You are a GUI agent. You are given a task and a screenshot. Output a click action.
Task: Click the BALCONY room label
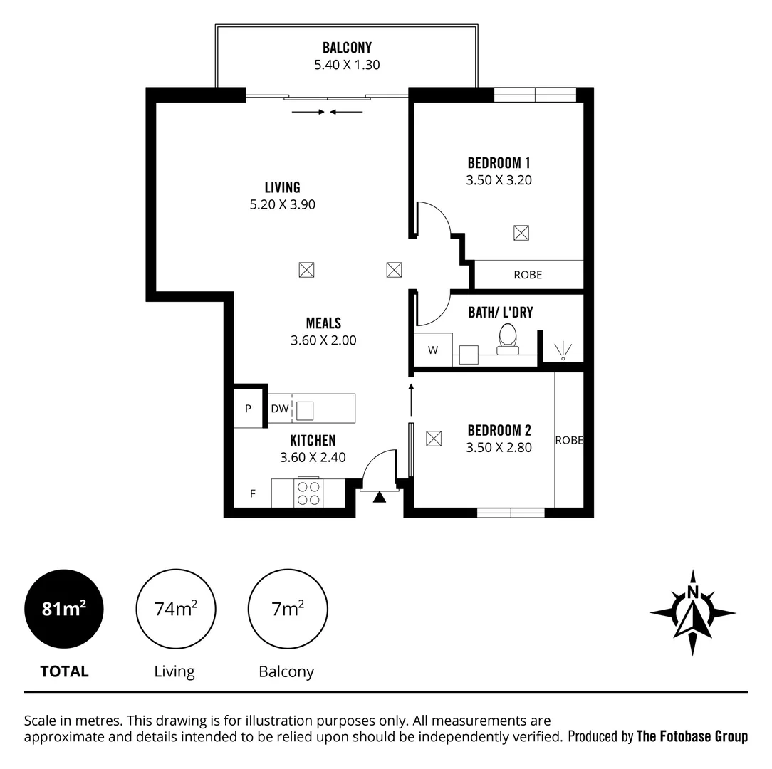click(347, 48)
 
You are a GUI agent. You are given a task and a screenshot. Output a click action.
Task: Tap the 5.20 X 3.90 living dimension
click(283, 204)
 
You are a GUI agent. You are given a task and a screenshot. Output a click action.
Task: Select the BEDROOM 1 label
click(499, 163)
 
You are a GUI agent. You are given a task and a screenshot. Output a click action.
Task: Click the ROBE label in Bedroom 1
click(528, 274)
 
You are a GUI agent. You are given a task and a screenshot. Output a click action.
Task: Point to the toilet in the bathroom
click(508, 338)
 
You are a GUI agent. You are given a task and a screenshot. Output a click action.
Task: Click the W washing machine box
click(433, 350)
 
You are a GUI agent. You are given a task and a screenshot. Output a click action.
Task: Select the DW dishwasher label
click(279, 409)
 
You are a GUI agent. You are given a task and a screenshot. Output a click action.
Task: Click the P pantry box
click(248, 409)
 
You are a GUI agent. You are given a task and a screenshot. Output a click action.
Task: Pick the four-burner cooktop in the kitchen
click(308, 493)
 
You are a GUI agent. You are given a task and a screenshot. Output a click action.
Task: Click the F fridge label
click(252, 493)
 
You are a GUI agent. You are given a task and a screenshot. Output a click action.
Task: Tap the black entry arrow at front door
click(379, 497)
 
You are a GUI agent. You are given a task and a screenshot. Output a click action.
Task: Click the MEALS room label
click(323, 323)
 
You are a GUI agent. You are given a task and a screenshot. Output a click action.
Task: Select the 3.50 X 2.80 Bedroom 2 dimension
click(499, 448)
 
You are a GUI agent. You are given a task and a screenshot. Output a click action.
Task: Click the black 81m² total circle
click(64, 610)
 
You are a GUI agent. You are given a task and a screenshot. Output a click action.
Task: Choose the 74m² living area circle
click(175, 610)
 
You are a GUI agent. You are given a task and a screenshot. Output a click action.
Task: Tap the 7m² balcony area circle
click(287, 610)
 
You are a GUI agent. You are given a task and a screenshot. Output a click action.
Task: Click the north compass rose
click(692, 612)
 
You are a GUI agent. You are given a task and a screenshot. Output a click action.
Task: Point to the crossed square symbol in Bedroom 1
click(521, 232)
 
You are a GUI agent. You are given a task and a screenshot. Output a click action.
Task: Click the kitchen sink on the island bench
click(305, 410)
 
